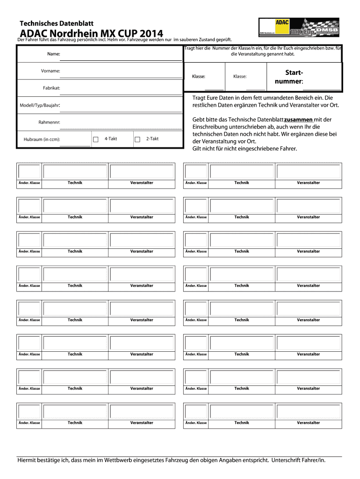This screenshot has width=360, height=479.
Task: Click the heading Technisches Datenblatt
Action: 57,23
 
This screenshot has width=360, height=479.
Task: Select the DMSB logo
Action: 327,30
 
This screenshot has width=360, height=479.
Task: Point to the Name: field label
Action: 54,54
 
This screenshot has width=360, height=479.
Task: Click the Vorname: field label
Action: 50,71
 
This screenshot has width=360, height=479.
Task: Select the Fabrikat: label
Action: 51,88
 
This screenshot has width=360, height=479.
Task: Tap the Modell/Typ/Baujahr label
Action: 40,105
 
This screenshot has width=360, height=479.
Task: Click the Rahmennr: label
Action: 50,123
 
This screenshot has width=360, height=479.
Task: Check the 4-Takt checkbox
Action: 95,139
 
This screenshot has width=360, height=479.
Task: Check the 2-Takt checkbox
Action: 137,139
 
